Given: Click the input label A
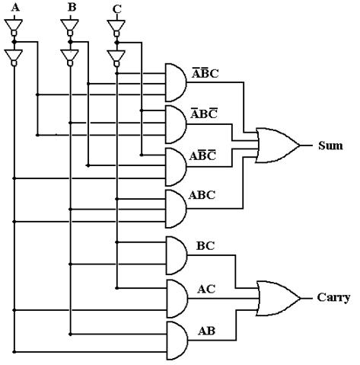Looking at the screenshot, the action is coord(15,8).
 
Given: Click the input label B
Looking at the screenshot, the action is coord(72,8).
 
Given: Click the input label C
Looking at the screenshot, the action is coord(117,9).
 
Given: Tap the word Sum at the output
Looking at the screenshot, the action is coord(330,146).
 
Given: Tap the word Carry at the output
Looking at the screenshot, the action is coord(333,298).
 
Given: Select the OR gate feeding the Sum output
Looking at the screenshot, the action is coord(278,146).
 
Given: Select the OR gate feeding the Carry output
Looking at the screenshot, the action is coord(279,298).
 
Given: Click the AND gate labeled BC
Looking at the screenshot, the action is coord(177,255).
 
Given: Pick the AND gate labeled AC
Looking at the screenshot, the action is coord(177,299).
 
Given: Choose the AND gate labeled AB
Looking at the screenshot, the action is coord(177,341).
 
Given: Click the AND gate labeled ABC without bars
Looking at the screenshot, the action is coord(176,209).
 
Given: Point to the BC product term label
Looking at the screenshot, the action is coord(205,246).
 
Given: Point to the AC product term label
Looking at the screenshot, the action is coord(206,289).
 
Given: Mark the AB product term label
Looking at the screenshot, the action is coord(206,331).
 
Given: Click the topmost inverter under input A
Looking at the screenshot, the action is coord(14,27).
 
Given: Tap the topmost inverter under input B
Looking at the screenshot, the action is coord(70,27).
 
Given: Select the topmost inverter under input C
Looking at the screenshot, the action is coord(116,28).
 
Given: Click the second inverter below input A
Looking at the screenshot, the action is coord(14,58).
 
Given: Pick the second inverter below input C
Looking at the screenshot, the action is coord(116,59).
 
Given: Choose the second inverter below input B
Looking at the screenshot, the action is coord(70,58).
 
